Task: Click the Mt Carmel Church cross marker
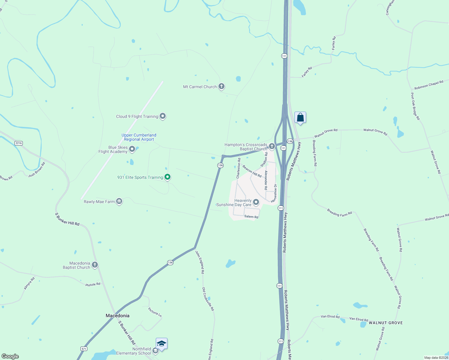point(221,86)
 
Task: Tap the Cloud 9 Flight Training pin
point(163,116)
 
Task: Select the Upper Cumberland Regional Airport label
point(139,137)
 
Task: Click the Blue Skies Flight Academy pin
point(132,149)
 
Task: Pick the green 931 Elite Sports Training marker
point(168,177)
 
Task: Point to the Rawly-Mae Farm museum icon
point(119,201)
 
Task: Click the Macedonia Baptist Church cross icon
point(95,265)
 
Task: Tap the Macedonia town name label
point(118,316)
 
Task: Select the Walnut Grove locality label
point(386,323)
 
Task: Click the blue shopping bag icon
point(300,118)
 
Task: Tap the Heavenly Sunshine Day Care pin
point(256,202)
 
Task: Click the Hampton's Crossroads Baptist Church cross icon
point(272,146)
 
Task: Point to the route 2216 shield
point(19,143)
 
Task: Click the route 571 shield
point(84,349)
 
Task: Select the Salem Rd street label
point(251,217)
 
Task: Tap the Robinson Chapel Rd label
point(429,85)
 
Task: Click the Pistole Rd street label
point(93,284)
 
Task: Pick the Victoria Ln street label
point(155,312)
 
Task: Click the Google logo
point(10,356)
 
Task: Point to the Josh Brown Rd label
point(37,169)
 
